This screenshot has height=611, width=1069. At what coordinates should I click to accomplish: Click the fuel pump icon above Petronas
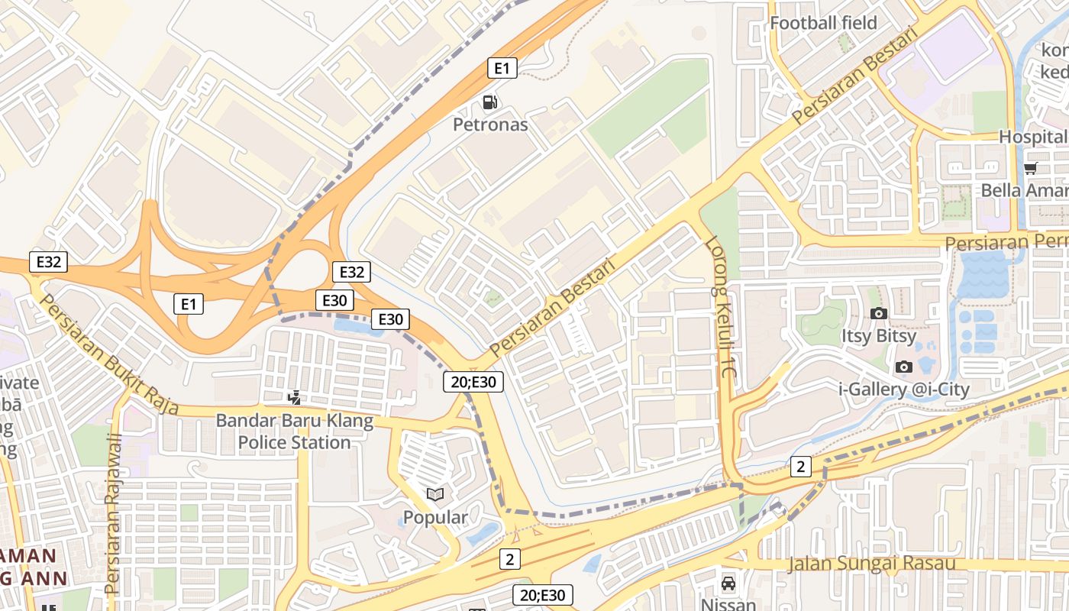click(x=489, y=102)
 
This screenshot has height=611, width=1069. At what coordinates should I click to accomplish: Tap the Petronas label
click(x=490, y=124)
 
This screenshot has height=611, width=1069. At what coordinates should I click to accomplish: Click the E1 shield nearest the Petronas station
click(x=502, y=69)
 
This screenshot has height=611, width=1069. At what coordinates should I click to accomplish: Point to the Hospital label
click(x=1033, y=137)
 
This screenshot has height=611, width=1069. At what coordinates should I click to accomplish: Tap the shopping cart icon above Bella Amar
click(x=1030, y=168)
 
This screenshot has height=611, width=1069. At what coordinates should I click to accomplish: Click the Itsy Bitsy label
click(x=879, y=336)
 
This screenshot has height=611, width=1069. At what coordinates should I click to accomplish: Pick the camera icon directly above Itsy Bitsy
click(x=879, y=313)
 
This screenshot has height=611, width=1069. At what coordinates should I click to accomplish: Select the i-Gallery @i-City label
click(x=904, y=390)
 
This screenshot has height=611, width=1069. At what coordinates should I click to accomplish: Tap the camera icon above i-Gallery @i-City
click(x=904, y=367)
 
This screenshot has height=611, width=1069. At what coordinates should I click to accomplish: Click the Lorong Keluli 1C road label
click(x=720, y=309)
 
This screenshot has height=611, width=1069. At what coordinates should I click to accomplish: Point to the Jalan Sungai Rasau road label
click(x=871, y=564)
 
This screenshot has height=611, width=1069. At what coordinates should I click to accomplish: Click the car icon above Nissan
click(x=728, y=584)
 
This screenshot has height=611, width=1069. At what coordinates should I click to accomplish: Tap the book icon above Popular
click(x=435, y=495)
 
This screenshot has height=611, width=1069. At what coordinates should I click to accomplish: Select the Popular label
click(x=435, y=518)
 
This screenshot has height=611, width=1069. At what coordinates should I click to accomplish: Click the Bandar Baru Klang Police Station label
click(x=294, y=432)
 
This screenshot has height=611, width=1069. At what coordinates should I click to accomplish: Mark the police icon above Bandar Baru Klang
click(x=294, y=398)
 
